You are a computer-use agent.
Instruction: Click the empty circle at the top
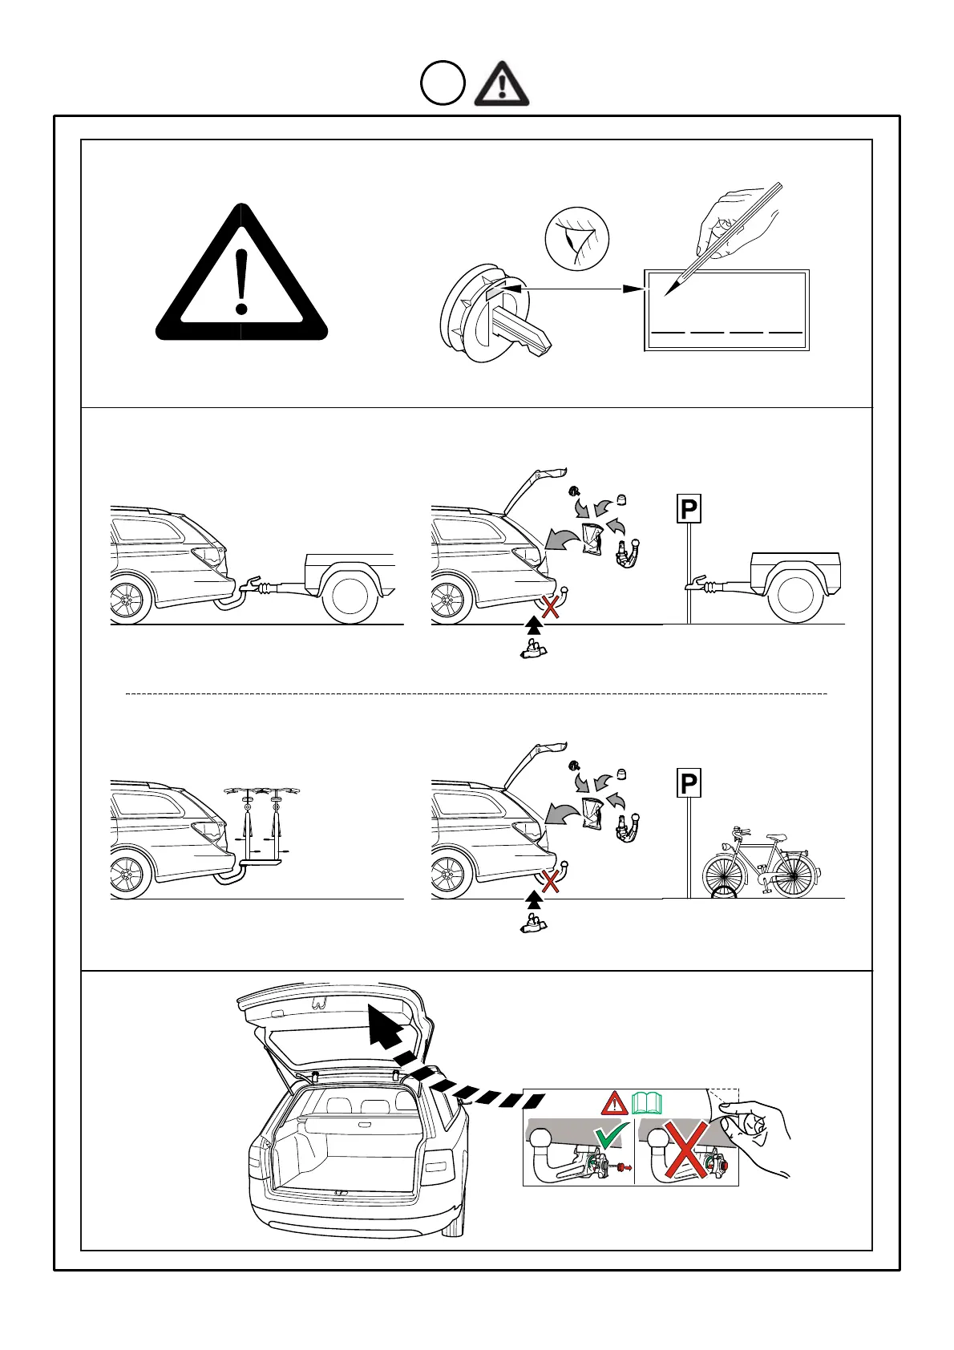(x=443, y=83)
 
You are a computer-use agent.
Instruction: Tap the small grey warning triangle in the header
(x=501, y=84)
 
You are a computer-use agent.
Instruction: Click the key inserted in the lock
(x=519, y=329)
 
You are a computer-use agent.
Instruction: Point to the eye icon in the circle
(x=577, y=239)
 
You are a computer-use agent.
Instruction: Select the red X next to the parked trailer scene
(x=550, y=606)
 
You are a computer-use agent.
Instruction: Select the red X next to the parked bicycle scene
(x=550, y=882)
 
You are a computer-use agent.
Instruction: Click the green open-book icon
(x=647, y=1104)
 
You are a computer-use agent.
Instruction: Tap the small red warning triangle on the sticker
(x=615, y=1103)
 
